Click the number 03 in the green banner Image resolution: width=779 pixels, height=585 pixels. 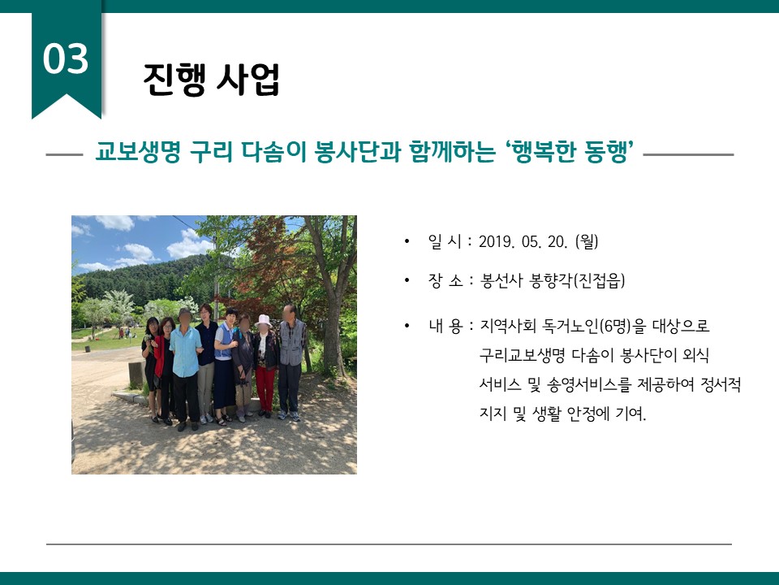click(66, 58)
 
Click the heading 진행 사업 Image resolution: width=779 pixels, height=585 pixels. click(211, 80)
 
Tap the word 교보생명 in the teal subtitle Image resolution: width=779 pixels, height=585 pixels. click(138, 152)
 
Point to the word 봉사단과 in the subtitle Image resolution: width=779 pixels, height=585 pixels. click(358, 152)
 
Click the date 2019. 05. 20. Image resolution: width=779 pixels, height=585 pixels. click(523, 242)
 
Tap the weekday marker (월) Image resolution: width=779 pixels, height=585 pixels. click(586, 242)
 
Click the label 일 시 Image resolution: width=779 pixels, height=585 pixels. click(444, 242)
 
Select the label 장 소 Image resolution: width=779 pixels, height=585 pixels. click(445, 281)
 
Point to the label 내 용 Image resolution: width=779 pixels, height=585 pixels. click(445, 327)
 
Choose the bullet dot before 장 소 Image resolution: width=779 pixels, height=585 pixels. click(407, 281)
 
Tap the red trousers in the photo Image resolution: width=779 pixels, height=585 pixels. click(265, 388)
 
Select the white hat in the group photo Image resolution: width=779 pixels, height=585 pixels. click(263, 320)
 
